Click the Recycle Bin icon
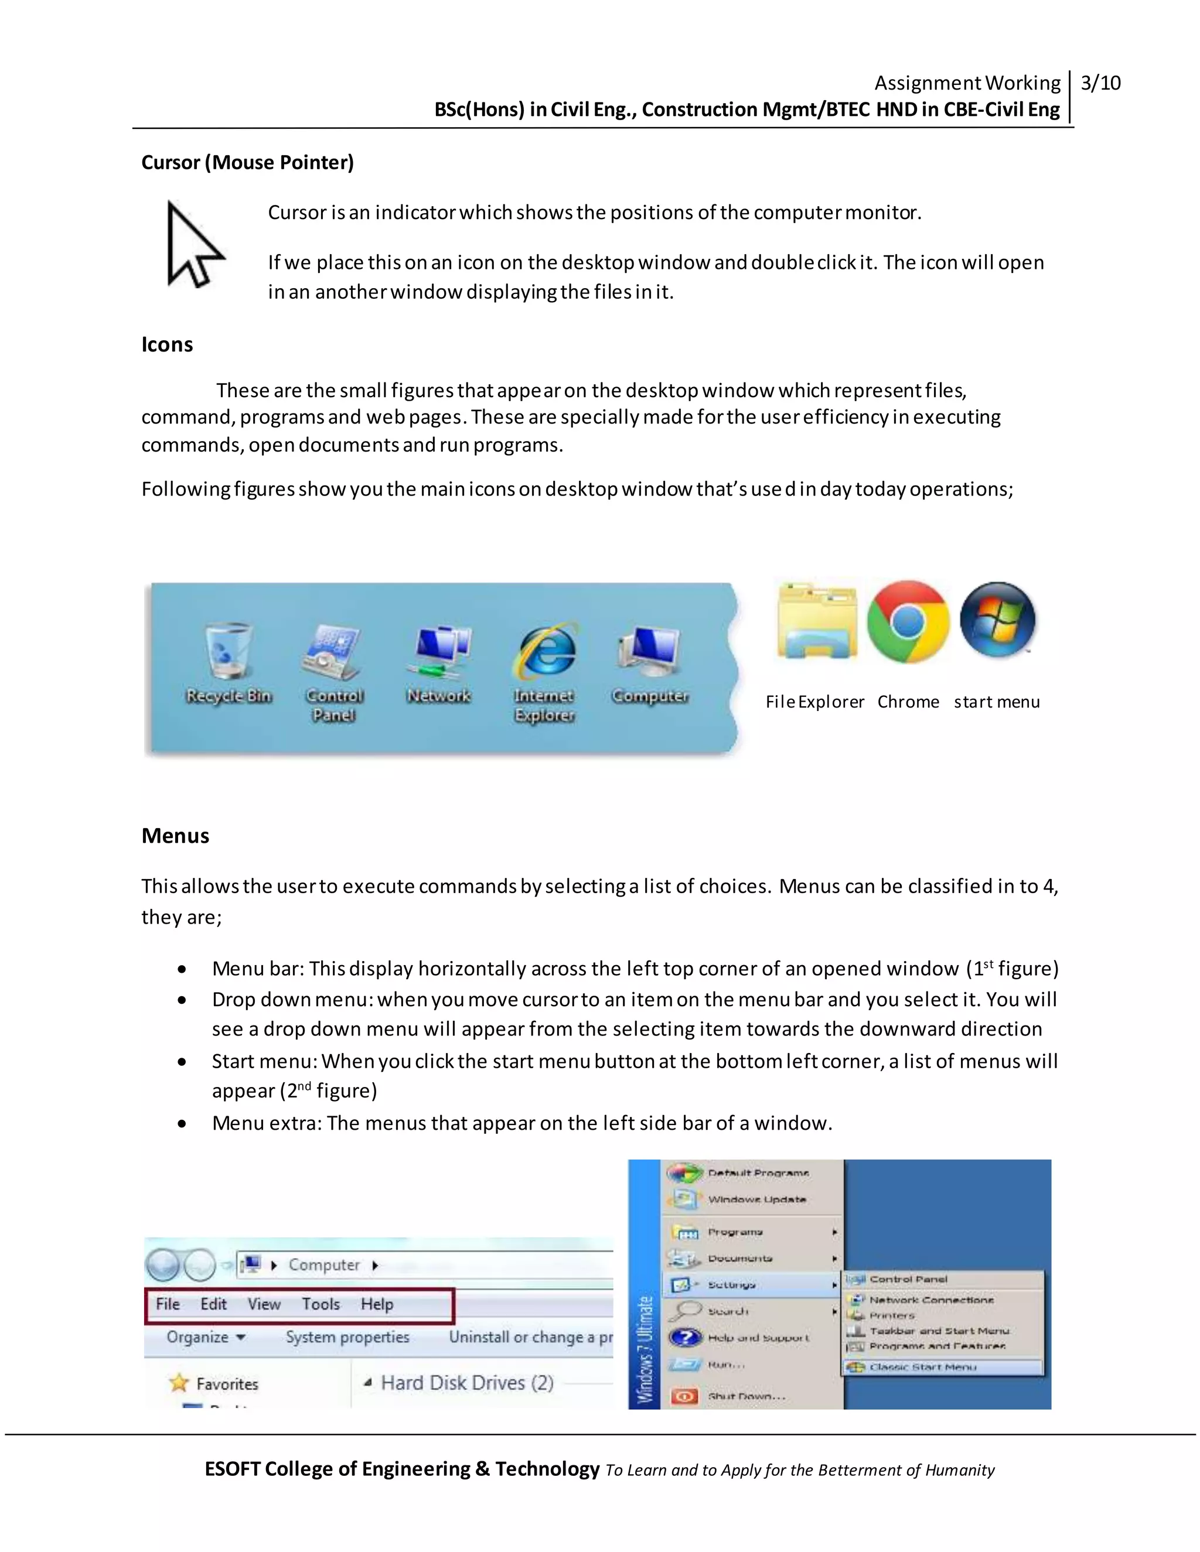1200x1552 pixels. point(228,650)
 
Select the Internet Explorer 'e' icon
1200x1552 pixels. point(546,650)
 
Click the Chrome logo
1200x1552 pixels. point(908,622)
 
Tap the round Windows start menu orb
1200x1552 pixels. point(997,620)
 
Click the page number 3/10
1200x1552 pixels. point(1100,83)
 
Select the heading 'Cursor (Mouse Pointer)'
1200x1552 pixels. point(247,163)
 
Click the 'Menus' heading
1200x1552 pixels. point(175,836)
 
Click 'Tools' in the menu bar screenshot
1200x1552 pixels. point(321,1304)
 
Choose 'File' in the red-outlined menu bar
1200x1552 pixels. point(168,1304)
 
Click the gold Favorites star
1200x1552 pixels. point(179,1383)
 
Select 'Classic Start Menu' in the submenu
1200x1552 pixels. point(923,1366)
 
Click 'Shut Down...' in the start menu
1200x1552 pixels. point(746,1396)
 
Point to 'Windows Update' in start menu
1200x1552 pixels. point(756,1199)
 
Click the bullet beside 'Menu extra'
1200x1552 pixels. point(183,1123)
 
